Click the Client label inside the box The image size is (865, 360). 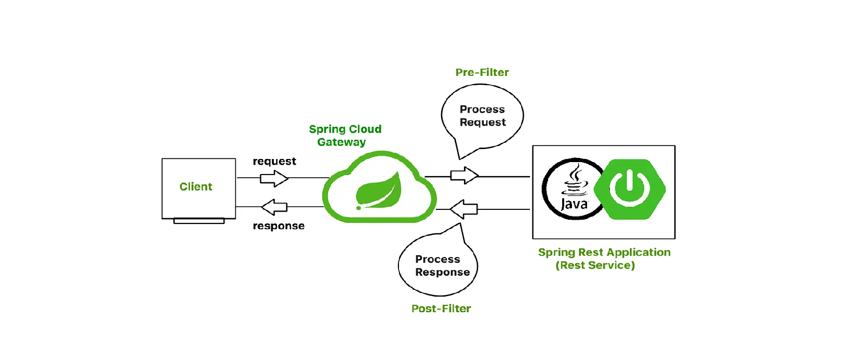(x=196, y=186)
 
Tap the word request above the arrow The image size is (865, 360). (x=274, y=162)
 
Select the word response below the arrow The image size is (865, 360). (x=278, y=226)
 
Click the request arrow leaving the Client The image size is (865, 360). (x=274, y=178)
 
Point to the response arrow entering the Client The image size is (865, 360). (x=274, y=207)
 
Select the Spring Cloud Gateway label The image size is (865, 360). (x=345, y=135)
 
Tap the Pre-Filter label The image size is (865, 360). (x=482, y=72)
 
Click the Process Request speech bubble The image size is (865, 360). (x=482, y=116)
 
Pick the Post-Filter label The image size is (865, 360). (x=441, y=309)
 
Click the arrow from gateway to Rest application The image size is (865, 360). (x=464, y=176)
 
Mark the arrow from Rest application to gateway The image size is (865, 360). (x=463, y=209)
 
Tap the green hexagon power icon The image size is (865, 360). (x=630, y=189)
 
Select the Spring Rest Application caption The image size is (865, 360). (x=604, y=252)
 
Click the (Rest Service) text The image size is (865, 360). (x=595, y=265)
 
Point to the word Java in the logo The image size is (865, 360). (x=574, y=204)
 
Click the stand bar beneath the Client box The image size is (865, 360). (x=199, y=221)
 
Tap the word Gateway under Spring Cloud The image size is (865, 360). (x=341, y=142)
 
